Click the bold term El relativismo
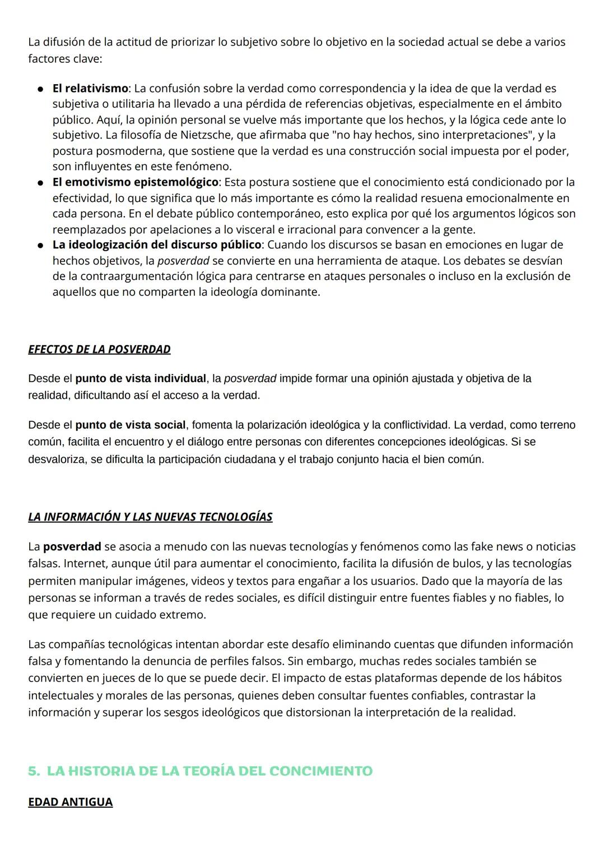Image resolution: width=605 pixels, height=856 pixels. tap(90, 88)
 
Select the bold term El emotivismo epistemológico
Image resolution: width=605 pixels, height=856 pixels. tap(135, 182)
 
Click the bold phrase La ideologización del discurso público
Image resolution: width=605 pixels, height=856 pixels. tap(157, 245)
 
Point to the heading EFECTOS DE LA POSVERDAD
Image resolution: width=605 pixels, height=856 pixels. tap(99, 349)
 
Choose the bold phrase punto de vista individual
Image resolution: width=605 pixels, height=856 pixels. tap(141, 379)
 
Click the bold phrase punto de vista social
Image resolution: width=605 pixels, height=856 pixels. tap(130, 425)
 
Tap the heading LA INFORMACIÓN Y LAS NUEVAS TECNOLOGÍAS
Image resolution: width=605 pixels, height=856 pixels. tap(150, 517)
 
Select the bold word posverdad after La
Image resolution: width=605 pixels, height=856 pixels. tap(72, 546)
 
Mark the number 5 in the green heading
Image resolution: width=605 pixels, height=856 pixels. tap(33, 771)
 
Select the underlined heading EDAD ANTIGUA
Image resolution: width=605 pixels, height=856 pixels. tap(70, 802)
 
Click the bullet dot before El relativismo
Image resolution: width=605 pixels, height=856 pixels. tap(41, 89)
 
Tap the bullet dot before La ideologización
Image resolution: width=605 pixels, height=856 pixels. tap(41, 245)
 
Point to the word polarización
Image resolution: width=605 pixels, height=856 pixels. tap(272, 425)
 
